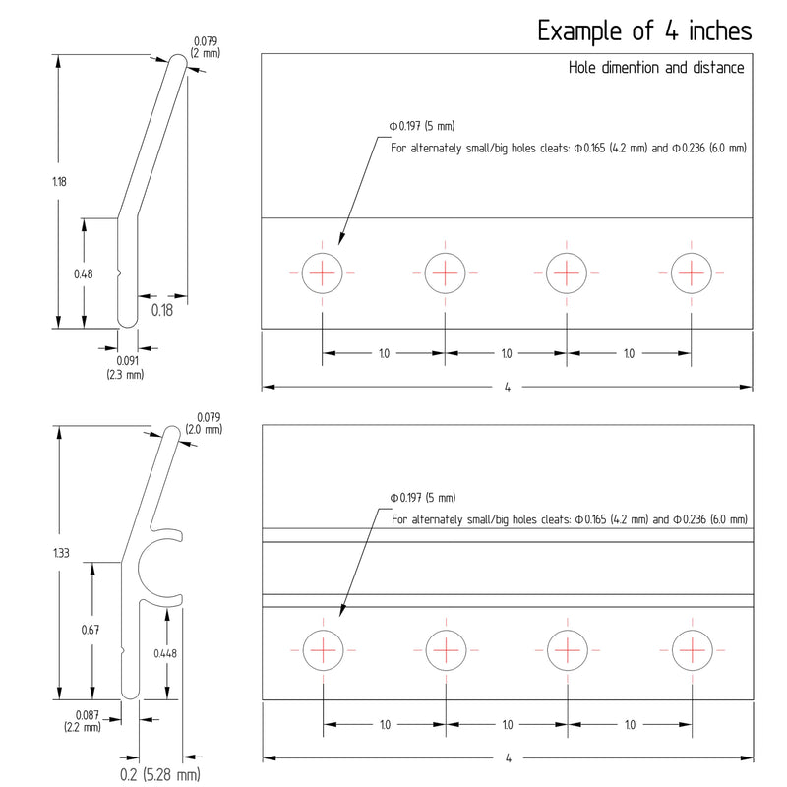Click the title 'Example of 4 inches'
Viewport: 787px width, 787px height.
coord(644,31)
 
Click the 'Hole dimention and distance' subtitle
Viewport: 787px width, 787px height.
coord(656,68)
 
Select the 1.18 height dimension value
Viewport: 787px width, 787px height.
coord(59,182)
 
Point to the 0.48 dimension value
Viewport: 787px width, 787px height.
coord(84,274)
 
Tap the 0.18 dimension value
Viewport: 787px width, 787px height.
coord(162,310)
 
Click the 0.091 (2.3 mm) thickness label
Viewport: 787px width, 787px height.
coord(125,367)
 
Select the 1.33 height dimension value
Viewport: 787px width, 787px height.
coord(61,553)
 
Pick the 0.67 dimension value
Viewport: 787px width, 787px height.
coord(91,630)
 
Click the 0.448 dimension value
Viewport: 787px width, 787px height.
coord(165,653)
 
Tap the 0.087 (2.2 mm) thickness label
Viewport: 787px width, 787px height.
coord(83,721)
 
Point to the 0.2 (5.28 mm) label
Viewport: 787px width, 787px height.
coord(160,774)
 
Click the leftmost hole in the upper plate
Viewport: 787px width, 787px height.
coord(323,273)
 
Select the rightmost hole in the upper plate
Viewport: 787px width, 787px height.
coord(692,273)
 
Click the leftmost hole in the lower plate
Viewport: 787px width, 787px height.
coord(324,650)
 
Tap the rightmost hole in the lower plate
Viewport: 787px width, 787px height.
coord(693,650)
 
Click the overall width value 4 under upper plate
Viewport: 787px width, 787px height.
coord(508,387)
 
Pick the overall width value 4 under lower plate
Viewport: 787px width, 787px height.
coord(509,757)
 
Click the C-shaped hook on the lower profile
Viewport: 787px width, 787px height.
coord(140,567)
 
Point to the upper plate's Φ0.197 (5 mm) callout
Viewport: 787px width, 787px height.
coord(422,126)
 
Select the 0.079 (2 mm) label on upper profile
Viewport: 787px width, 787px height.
coord(206,47)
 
